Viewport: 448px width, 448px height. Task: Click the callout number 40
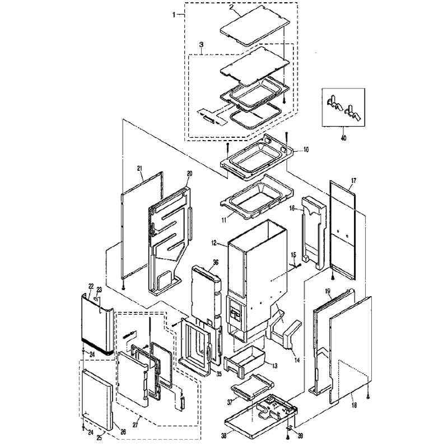343,138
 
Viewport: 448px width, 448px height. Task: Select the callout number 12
214,243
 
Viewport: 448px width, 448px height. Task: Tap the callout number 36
216,262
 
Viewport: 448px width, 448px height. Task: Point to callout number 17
354,180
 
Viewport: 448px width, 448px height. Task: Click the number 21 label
139,169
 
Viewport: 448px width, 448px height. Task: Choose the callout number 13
274,366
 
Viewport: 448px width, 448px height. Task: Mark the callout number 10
306,150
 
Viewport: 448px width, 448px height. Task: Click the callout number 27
135,425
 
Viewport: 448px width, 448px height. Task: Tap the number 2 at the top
232,7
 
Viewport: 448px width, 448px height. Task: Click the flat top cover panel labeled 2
255,25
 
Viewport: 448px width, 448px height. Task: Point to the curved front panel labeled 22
97,326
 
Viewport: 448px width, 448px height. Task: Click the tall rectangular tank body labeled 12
257,274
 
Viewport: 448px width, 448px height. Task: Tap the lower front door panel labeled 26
97,399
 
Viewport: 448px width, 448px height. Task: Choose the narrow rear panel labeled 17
343,230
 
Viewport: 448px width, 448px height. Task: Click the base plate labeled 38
262,415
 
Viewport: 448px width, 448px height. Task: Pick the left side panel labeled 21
142,225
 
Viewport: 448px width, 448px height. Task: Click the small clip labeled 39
289,427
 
